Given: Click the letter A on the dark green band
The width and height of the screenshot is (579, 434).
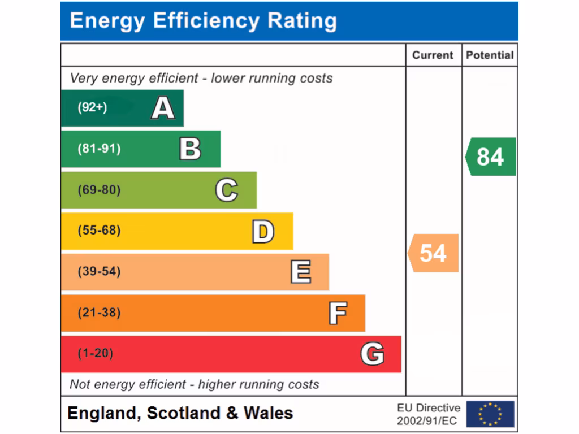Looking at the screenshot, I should pyautogui.click(x=163, y=107).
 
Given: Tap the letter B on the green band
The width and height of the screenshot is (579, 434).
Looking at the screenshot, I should pyautogui.click(x=190, y=149).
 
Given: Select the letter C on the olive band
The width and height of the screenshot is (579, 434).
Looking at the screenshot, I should pyautogui.click(x=227, y=190).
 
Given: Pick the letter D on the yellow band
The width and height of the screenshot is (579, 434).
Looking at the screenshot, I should pyautogui.click(x=263, y=232).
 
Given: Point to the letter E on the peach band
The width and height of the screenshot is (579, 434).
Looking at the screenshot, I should pyautogui.click(x=300, y=272).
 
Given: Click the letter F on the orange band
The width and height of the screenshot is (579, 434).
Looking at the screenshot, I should pyautogui.click(x=338, y=313).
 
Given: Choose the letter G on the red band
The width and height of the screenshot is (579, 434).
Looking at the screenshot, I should pyautogui.click(x=373, y=354).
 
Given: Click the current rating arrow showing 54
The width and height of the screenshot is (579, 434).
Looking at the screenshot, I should pyautogui.click(x=433, y=253).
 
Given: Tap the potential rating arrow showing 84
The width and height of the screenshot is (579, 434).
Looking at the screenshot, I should pyautogui.click(x=490, y=157).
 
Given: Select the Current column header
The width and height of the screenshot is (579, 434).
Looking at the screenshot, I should pyautogui.click(x=433, y=55).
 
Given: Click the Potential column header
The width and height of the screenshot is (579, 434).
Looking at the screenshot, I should pyautogui.click(x=490, y=55).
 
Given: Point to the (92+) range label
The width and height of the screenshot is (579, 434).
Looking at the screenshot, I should pyautogui.click(x=92, y=107).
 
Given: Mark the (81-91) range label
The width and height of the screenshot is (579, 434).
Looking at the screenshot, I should pyautogui.click(x=99, y=149).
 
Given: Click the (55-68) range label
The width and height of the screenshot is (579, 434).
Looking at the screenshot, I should pyautogui.click(x=99, y=231).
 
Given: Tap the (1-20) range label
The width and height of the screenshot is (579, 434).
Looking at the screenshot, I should pyautogui.click(x=96, y=354).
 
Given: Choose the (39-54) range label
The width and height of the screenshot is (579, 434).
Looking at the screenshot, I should pyautogui.click(x=99, y=272).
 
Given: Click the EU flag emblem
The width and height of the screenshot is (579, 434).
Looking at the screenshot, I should pyautogui.click(x=490, y=414).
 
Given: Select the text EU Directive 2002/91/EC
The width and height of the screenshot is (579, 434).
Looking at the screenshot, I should pyautogui.click(x=429, y=414).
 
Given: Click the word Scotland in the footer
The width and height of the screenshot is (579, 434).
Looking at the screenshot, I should pyautogui.click(x=184, y=413).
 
